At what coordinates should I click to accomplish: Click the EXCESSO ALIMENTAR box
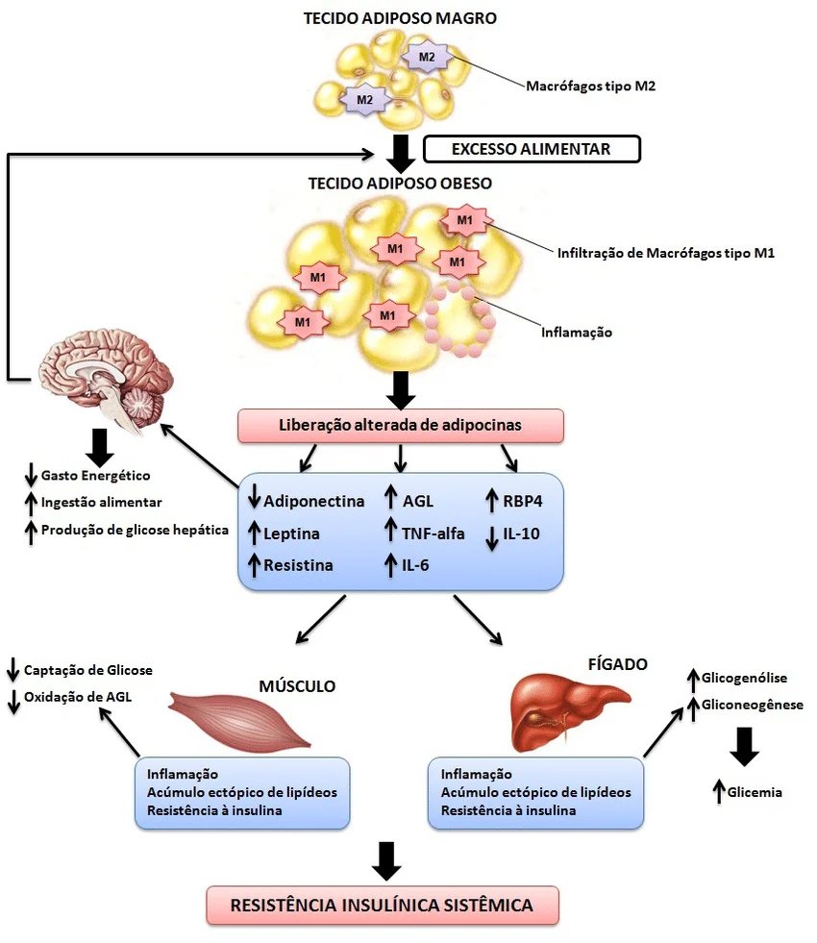pyautogui.click(x=532, y=149)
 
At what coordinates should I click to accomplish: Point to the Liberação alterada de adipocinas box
pyautogui.click(x=401, y=425)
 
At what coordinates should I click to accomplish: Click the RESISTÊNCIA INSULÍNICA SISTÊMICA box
pyautogui.click(x=383, y=906)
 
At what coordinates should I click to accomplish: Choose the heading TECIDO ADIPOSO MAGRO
pyautogui.click(x=401, y=18)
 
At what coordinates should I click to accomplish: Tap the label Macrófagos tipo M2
pyautogui.click(x=590, y=86)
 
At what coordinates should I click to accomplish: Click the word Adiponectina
pyautogui.click(x=313, y=501)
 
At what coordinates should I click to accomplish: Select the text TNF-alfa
pyautogui.click(x=433, y=534)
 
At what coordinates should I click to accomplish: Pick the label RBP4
pyautogui.click(x=523, y=501)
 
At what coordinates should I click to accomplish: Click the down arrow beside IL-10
pyautogui.click(x=492, y=538)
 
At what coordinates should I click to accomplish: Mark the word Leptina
pyautogui.click(x=291, y=534)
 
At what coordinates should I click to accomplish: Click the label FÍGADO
pyautogui.click(x=617, y=664)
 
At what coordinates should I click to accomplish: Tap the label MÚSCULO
pyautogui.click(x=297, y=686)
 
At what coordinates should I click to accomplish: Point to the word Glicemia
pyautogui.click(x=755, y=792)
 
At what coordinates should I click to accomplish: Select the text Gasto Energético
pyautogui.click(x=95, y=476)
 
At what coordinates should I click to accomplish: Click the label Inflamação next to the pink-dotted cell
pyautogui.click(x=577, y=333)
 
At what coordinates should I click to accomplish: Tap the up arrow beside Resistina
pyautogui.click(x=254, y=565)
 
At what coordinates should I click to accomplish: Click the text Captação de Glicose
pyautogui.click(x=88, y=671)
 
